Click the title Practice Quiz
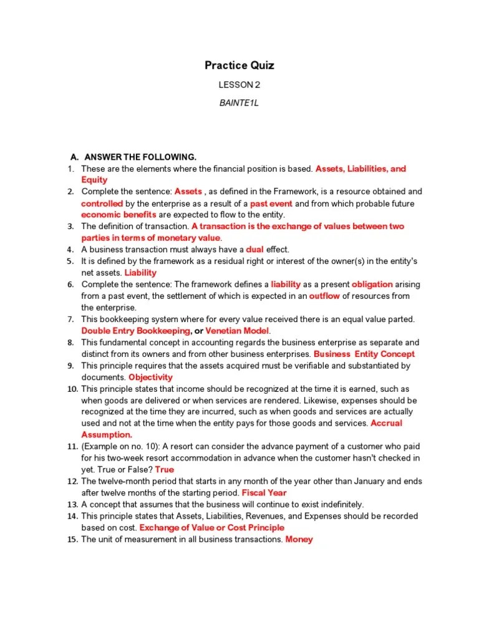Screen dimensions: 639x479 239,66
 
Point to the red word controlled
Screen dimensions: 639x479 102,203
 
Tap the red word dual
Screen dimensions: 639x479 255,250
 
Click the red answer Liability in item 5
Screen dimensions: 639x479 140,273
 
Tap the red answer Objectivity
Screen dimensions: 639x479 150,378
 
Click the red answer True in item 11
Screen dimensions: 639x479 164,470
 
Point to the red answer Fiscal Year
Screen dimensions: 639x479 264,493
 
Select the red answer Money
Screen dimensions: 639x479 299,539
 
